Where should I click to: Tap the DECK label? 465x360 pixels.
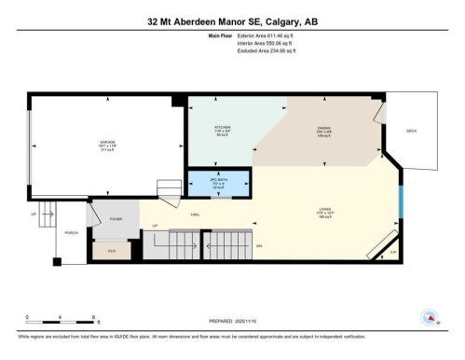[x=411, y=131]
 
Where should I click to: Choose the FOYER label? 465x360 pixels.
[x=116, y=218]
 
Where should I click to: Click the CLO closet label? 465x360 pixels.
[x=111, y=250]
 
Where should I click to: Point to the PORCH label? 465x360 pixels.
[x=71, y=233]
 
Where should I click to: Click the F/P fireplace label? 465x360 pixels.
[x=392, y=251]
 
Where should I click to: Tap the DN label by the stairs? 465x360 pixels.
[x=259, y=245]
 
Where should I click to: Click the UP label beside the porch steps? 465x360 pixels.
[x=35, y=214]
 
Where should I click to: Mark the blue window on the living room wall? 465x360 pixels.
[x=400, y=200]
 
